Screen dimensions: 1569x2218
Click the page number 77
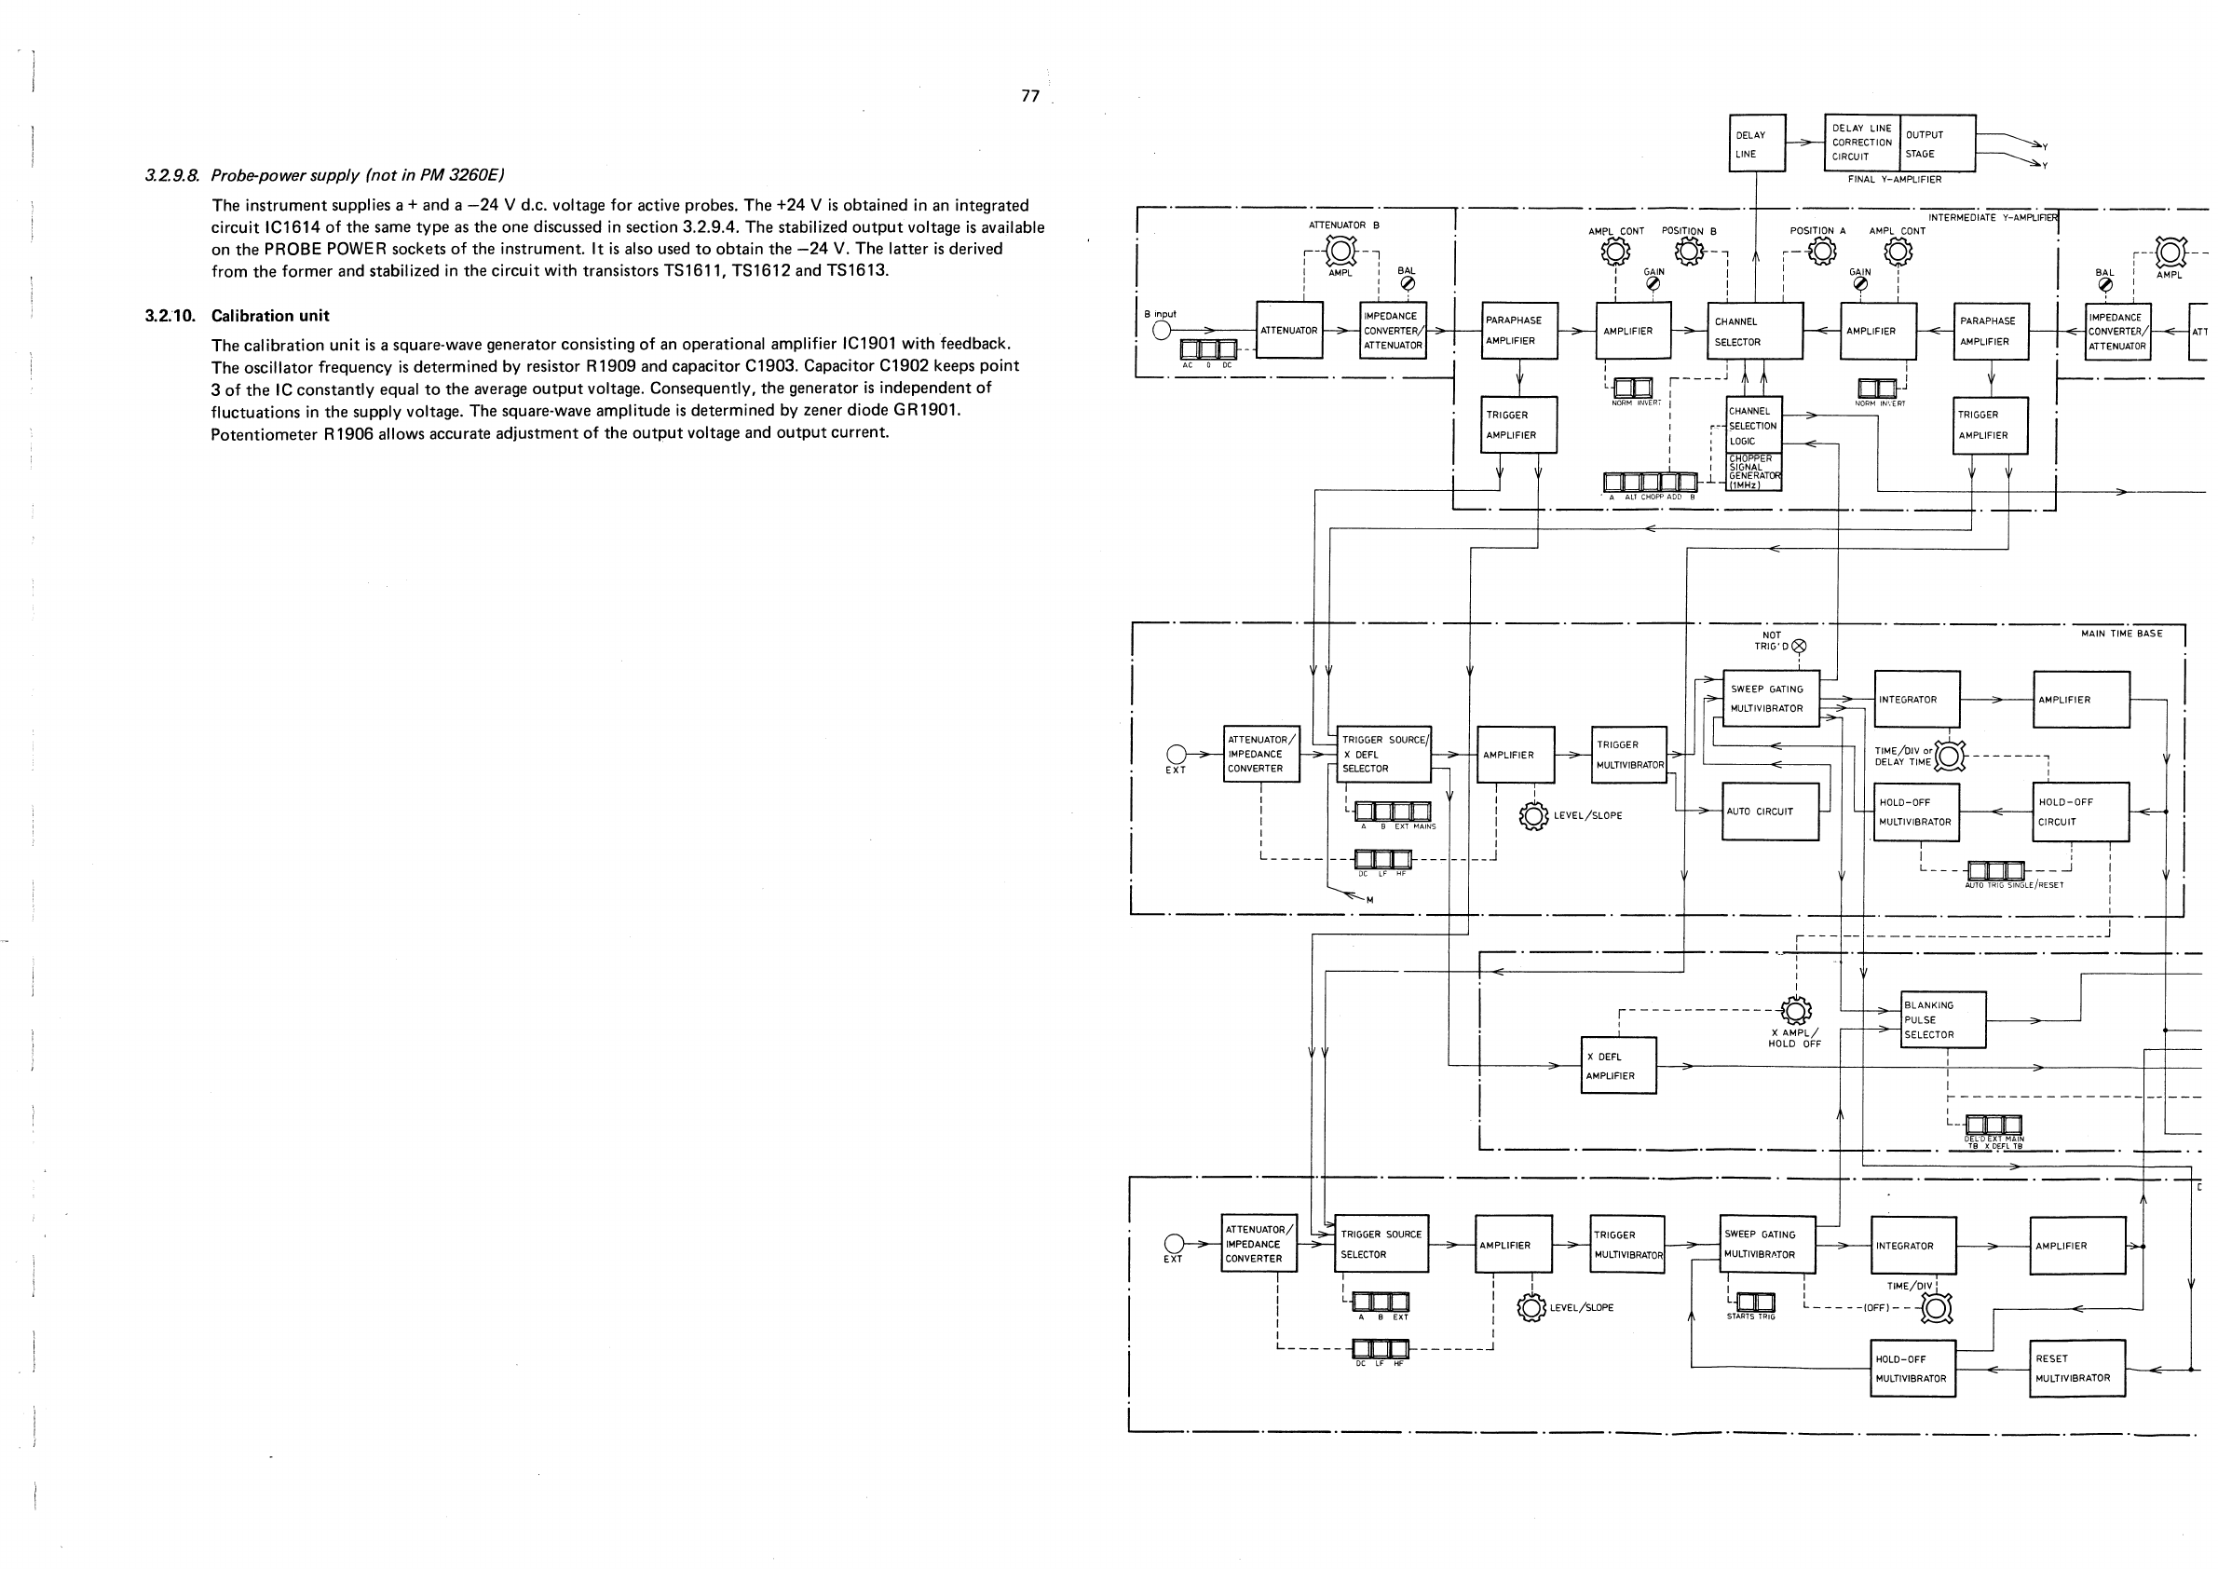click(x=1029, y=96)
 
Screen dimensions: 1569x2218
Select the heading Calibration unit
click(x=269, y=316)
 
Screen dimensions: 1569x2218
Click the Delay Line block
click(x=1756, y=143)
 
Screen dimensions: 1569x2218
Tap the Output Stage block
click(x=1937, y=143)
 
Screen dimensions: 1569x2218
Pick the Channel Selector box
click(x=1755, y=331)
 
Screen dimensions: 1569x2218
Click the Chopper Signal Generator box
click(x=1754, y=472)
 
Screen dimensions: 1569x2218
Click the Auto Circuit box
click(x=1770, y=812)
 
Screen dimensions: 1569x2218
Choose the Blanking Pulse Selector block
click(x=1942, y=1019)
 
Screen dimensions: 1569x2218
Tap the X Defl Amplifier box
click(x=1618, y=1066)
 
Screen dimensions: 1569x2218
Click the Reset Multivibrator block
click(x=2077, y=1368)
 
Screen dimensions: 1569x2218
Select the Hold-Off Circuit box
click(x=2081, y=812)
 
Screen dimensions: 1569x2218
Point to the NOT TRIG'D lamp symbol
click(x=1798, y=647)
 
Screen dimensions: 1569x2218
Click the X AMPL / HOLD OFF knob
click(x=1795, y=1012)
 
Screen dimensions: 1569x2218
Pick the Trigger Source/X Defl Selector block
click(x=1381, y=755)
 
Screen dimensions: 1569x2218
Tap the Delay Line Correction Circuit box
click(x=1861, y=143)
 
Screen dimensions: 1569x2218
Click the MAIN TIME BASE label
click(x=2121, y=634)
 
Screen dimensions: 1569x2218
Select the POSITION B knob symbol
click(x=1688, y=252)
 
